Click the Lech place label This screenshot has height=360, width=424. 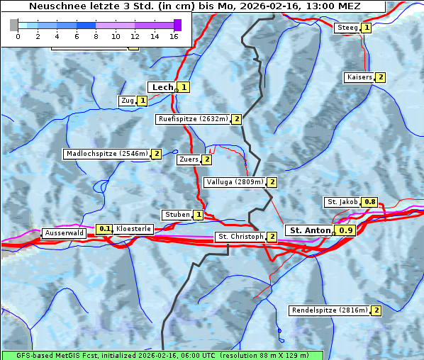coord(162,87)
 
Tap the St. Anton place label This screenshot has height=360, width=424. coord(311,230)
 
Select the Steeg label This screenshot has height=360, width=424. coord(347,28)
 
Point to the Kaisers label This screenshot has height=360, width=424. coord(359,77)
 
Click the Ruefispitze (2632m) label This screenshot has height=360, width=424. coord(192,119)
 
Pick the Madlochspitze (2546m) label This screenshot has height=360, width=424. coord(106,154)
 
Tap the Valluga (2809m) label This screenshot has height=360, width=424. coord(235,182)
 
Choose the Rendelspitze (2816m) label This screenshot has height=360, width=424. coord(330,310)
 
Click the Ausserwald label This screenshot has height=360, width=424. coord(65,233)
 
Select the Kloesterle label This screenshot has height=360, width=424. coord(133,229)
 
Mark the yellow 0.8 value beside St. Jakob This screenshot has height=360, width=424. coord(370,202)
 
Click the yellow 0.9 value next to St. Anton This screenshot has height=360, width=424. coord(345,230)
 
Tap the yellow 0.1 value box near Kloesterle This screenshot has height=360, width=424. coord(105,229)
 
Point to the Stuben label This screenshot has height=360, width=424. coord(177,215)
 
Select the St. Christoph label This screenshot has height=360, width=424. coord(240,237)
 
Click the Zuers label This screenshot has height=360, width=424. coord(189,159)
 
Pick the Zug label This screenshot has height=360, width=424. coord(128,101)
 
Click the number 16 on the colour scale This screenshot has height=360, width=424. coord(174,36)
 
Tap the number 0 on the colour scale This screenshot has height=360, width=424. coord(18,36)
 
